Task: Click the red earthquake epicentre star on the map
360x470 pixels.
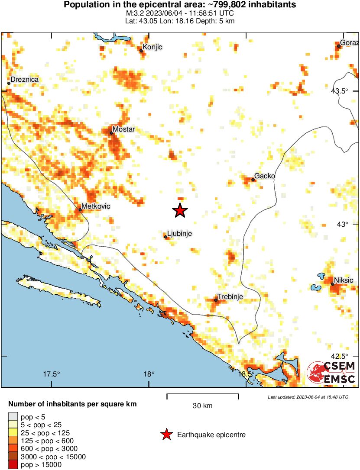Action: click(180, 210)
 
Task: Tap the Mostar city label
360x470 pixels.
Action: click(123, 129)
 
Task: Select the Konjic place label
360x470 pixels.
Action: click(152, 47)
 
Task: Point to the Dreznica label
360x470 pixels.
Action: click(25, 80)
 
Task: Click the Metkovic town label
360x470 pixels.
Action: click(96, 207)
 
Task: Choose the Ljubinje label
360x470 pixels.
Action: click(179, 234)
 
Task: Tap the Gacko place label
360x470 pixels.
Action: click(264, 176)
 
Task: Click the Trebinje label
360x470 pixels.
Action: click(230, 296)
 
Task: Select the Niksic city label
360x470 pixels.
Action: click(343, 280)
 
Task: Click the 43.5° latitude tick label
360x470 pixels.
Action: click(339, 91)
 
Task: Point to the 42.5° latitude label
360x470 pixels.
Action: click(339, 356)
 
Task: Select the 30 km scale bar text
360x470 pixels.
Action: click(202, 406)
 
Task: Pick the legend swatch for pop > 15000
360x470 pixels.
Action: click(13, 465)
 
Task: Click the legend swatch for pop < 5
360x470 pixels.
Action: click(13, 417)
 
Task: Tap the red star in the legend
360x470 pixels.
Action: click(166, 435)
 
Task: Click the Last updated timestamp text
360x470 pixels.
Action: click(308, 397)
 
